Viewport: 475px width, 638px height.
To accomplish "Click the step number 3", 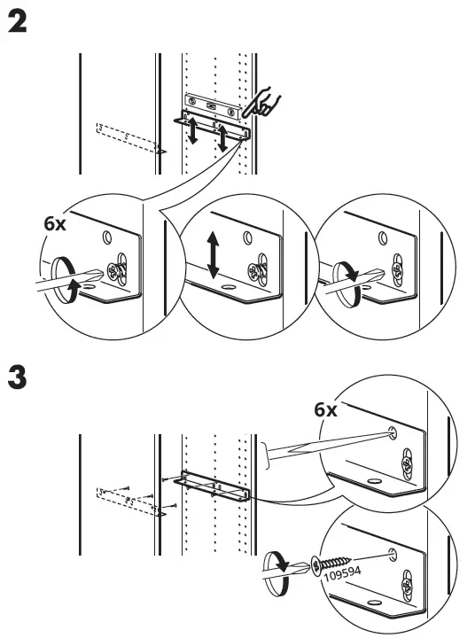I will tap(17, 377).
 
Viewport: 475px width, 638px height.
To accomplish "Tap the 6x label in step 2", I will tap(55, 224).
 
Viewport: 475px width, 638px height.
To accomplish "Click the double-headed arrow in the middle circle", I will tap(212, 254).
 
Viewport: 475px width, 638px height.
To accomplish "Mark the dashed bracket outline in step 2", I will tap(128, 138).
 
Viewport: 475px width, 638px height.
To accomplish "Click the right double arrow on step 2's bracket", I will tap(223, 135).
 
